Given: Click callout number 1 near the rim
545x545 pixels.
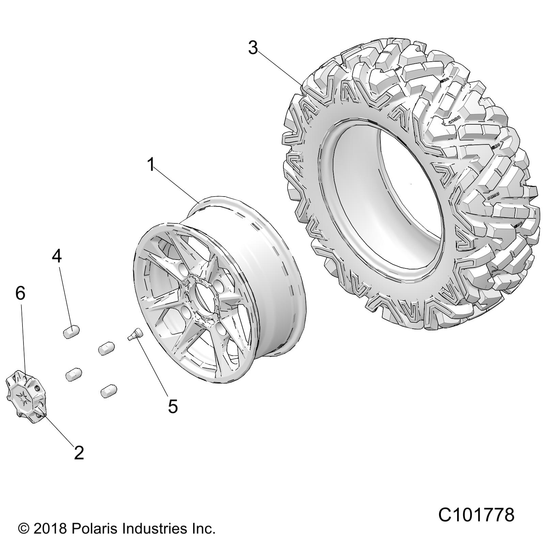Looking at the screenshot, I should pyautogui.click(x=151, y=165).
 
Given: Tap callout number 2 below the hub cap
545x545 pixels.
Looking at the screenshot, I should pyautogui.click(x=79, y=453).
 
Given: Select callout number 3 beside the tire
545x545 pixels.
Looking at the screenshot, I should pyautogui.click(x=253, y=48).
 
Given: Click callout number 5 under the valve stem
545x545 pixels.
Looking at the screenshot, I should pyautogui.click(x=173, y=406).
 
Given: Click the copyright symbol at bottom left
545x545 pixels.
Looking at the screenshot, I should pyautogui.click(x=24, y=529).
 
